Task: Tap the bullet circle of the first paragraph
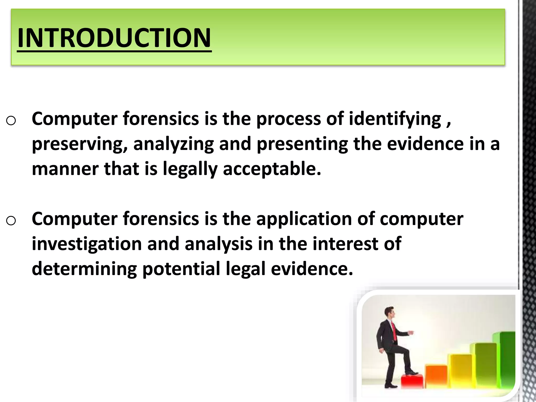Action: (11, 121)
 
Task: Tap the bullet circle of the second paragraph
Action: (11, 221)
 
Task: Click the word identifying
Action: (395, 119)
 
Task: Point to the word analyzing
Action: (174, 144)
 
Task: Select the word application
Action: (304, 219)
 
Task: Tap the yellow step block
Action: (461, 369)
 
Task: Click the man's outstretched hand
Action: (411, 333)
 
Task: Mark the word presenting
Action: (302, 144)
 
